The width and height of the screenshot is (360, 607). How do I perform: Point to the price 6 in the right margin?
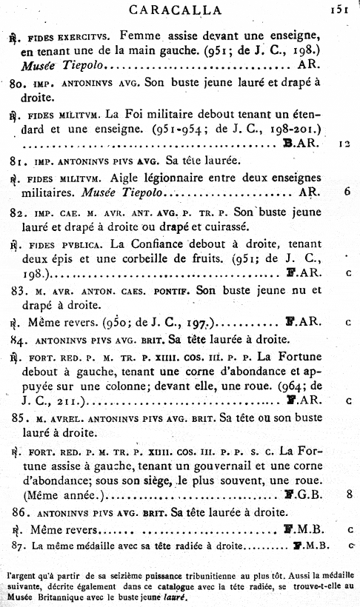347,192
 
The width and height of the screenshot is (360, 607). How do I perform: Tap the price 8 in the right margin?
347,494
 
